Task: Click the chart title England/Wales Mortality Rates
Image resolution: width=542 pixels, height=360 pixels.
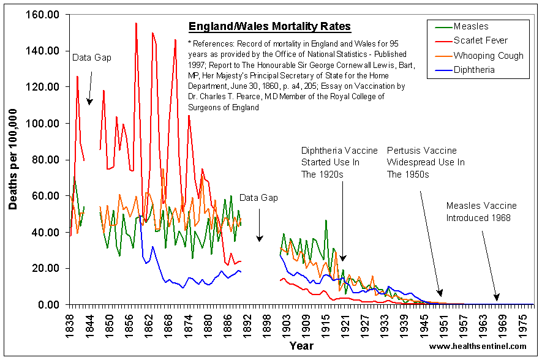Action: [269, 26]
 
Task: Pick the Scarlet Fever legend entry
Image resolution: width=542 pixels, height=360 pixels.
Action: [480, 41]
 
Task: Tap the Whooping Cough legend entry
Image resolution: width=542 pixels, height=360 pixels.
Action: [488, 56]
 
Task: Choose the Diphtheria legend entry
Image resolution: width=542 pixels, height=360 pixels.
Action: [475, 70]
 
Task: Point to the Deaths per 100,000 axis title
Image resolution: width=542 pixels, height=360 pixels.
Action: [13, 159]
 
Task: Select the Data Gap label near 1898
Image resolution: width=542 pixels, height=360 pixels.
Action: [258, 198]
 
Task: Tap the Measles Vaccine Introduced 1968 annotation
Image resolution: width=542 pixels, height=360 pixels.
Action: [481, 212]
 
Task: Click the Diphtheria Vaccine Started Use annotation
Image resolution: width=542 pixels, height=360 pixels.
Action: [330, 162]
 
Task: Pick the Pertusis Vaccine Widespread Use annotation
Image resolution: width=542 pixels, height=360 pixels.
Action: [426, 162]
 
